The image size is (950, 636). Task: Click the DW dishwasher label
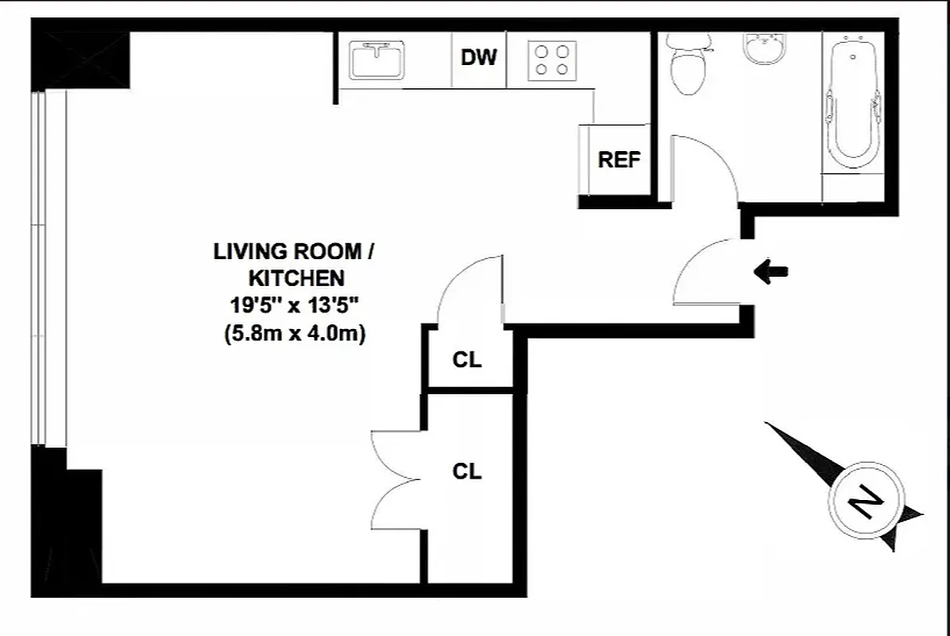pos(479,58)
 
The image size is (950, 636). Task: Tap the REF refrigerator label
pos(619,159)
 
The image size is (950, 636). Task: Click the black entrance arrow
pos(770,273)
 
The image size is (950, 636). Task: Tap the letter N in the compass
pos(865,503)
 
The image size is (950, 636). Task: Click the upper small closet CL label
pos(467,359)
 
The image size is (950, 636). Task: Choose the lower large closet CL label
pos(467,471)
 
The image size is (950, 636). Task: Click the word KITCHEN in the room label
pos(295,278)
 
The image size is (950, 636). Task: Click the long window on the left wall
pos(41,270)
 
